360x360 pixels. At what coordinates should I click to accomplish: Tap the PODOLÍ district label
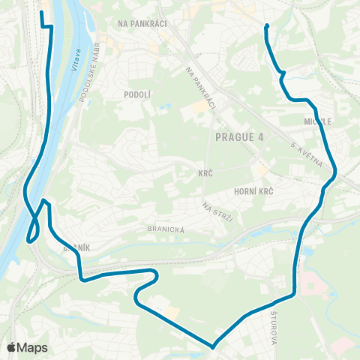click(x=138, y=94)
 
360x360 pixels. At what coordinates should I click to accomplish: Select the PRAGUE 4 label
click(x=239, y=136)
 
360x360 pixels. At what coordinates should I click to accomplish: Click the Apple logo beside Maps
click(x=12, y=348)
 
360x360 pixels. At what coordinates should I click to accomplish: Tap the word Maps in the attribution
click(x=32, y=348)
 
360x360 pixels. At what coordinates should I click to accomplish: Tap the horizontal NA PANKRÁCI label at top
click(x=142, y=23)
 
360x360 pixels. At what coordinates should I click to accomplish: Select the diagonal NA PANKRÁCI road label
click(x=200, y=88)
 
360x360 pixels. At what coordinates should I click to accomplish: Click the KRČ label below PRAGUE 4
click(x=205, y=173)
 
